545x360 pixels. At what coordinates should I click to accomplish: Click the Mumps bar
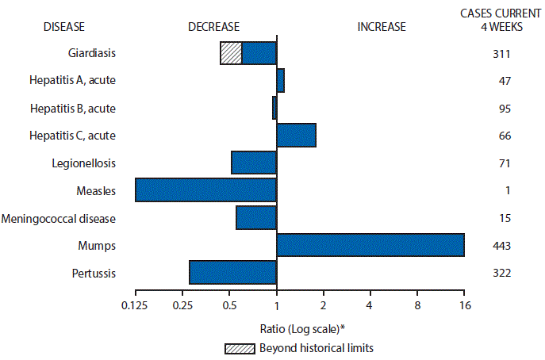pyautogui.click(x=370, y=245)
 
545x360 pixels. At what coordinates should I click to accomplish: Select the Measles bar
pyautogui.click(x=205, y=190)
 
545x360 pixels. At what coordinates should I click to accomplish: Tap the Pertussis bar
pyautogui.click(x=232, y=272)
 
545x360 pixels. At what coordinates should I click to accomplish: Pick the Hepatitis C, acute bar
pyautogui.click(x=296, y=136)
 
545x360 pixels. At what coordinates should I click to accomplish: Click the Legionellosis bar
pyautogui.click(x=254, y=163)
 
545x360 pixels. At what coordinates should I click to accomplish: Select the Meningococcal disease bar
pyautogui.click(x=256, y=217)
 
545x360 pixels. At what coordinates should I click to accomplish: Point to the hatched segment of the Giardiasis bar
pyautogui.click(x=231, y=53)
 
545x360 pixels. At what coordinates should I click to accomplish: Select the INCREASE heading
pyautogui.click(x=382, y=26)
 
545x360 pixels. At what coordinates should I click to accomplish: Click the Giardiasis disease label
pyautogui.click(x=90, y=53)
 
